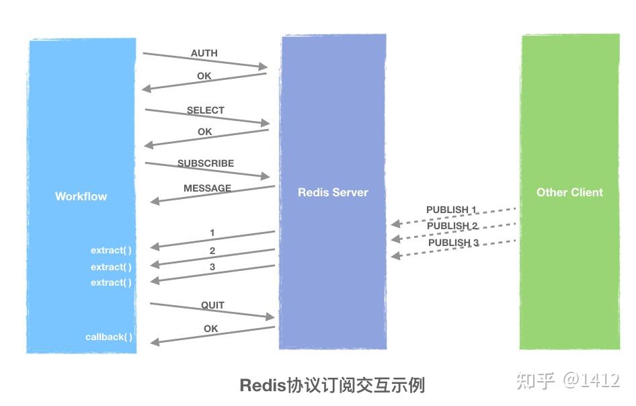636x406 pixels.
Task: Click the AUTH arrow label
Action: (x=204, y=53)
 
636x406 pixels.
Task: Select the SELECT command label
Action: (x=206, y=110)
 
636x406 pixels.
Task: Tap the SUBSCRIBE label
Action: (x=206, y=163)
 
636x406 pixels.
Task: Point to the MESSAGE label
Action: (x=207, y=188)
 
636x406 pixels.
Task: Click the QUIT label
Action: (x=212, y=305)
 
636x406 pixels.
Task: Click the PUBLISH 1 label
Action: (x=451, y=210)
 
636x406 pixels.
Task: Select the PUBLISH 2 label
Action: (x=452, y=226)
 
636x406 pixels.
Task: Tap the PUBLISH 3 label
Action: (x=453, y=243)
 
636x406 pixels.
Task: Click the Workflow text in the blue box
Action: (x=81, y=196)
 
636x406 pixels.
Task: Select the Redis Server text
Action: (x=333, y=192)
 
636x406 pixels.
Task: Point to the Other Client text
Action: (x=569, y=192)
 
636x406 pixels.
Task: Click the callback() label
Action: (x=109, y=337)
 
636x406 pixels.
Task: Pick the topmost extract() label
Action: (x=112, y=250)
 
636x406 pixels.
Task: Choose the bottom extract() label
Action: (x=112, y=282)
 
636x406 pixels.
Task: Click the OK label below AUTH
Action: (x=204, y=76)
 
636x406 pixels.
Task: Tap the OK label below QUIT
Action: (x=211, y=329)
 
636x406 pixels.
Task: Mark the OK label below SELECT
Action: (x=205, y=132)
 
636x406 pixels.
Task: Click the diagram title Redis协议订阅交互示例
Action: (x=332, y=385)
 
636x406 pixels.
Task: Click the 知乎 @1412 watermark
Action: (x=567, y=380)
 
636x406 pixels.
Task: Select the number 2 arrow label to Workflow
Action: (x=212, y=251)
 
